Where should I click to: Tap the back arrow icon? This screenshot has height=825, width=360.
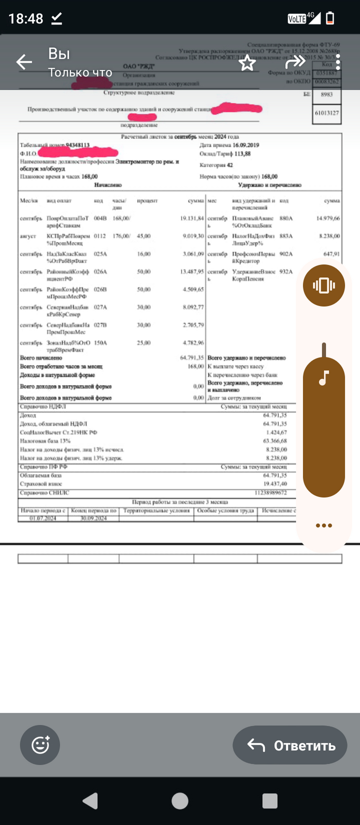[x=24, y=62]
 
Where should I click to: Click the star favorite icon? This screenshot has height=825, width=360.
[x=247, y=63]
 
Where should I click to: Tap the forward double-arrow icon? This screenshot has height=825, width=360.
[x=295, y=62]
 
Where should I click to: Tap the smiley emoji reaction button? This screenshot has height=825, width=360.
[x=40, y=745]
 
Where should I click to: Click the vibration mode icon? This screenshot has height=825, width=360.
[x=323, y=285]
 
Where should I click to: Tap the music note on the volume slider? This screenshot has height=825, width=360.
[x=323, y=379]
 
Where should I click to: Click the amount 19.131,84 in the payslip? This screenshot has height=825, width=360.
[x=192, y=219]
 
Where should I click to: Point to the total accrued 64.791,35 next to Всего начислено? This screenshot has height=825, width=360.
[x=192, y=357]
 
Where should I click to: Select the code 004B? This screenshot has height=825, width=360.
[x=100, y=219]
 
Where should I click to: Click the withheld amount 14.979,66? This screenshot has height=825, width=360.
[x=328, y=219]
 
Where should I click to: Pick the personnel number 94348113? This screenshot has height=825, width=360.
[x=78, y=145]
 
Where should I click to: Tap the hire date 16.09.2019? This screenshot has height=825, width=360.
[x=246, y=145]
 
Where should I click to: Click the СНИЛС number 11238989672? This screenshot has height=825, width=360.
[x=271, y=493]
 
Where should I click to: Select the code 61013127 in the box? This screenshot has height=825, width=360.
[x=327, y=113]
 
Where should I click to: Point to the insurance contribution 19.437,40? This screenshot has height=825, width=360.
[x=275, y=484]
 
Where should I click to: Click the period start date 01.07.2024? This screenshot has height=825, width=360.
[x=43, y=518]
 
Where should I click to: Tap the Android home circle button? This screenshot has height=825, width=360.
[x=180, y=801]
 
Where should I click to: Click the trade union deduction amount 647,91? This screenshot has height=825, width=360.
[x=332, y=254]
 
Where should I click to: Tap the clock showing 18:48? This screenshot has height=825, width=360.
[x=26, y=19]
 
